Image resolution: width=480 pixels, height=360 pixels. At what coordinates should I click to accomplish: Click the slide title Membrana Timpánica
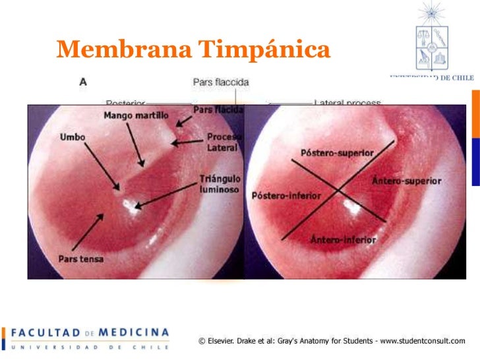coord(193,48)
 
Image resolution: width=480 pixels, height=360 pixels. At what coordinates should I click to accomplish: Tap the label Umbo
coord(73,137)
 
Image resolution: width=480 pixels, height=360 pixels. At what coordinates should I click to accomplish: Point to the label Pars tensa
coord(81,258)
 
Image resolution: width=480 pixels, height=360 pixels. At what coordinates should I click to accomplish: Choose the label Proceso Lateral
coord(224,142)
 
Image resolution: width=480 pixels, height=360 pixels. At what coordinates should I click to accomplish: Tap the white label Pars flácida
coord(219,109)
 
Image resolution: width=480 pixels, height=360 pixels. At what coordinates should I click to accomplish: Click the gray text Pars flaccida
coord(220,82)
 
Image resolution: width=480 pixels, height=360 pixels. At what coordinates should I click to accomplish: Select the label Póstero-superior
coord(337,153)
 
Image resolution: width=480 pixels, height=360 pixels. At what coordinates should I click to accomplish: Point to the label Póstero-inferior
coord(286,196)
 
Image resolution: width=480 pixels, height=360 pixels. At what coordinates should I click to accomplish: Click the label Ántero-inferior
coord(343,239)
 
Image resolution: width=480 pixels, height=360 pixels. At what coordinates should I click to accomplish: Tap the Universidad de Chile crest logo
coord(432,39)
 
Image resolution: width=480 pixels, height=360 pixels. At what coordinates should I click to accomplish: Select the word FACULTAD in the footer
coord(45,332)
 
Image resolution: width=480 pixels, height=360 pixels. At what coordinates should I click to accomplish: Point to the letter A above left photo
coord(83,82)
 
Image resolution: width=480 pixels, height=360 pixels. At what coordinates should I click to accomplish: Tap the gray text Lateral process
coord(347,103)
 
